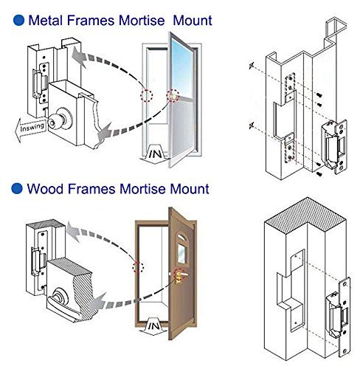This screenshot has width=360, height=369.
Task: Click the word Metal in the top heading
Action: pos(45,20)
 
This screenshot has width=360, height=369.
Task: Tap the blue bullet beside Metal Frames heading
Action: pos(18,20)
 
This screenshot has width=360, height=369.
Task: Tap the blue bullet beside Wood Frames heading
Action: pos(17,189)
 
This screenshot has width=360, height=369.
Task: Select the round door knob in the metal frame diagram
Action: pos(57,120)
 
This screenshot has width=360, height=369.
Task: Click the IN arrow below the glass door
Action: pos(155,153)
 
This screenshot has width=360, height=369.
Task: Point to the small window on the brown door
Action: pos(182,254)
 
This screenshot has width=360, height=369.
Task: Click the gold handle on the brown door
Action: pos(180,275)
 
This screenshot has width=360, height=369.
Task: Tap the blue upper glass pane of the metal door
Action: pos(182,68)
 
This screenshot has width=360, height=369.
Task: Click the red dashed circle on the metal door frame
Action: pos(147,95)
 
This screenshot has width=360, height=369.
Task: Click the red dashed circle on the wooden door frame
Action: pos(139,267)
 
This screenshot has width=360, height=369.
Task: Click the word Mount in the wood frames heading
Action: pos(190,189)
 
